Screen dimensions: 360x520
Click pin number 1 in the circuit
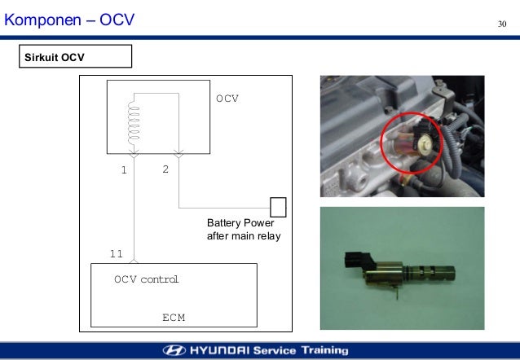click(124, 171)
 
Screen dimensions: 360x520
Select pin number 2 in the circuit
click(165, 170)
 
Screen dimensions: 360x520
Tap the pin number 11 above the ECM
click(117, 254)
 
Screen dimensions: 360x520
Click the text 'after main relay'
click(244, 237)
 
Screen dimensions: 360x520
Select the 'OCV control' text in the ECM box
click(146, 279)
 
